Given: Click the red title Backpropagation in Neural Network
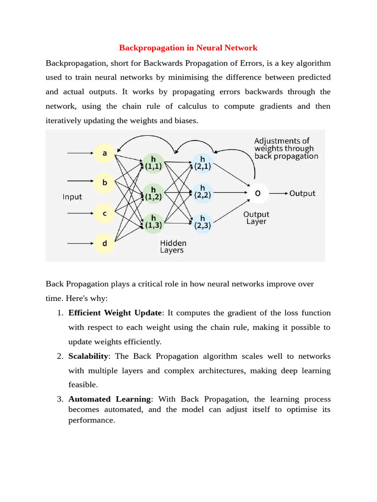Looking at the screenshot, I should (188, 48).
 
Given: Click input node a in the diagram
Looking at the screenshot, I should (104, 154).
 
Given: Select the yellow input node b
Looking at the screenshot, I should (104, 183).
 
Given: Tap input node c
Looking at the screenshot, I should (104, 213).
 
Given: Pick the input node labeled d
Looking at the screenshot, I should (104, 242).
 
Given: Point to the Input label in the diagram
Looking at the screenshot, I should (72, 197).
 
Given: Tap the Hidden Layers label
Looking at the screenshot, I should (173, 246).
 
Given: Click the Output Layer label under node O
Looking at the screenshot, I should (256, 218).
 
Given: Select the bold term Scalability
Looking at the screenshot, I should (88, 356).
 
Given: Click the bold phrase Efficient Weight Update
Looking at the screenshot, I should (115, 313).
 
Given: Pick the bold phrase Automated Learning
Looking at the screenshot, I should (109, 399).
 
